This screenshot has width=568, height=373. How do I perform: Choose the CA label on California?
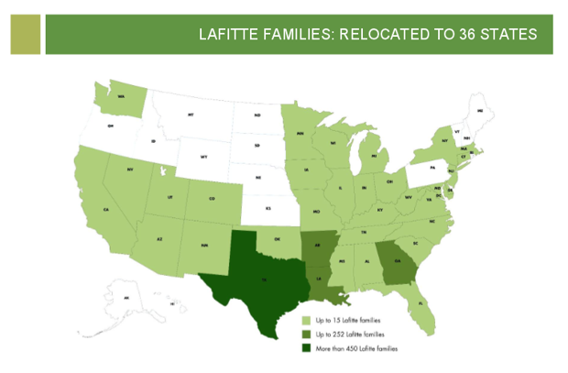coord(107,210)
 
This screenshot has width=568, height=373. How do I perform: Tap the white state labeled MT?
coord(191,115)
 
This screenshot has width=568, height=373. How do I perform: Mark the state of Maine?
coord(479,111)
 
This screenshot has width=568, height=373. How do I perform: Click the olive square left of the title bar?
coord(27,34)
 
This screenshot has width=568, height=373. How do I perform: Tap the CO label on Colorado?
coord(211,198)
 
